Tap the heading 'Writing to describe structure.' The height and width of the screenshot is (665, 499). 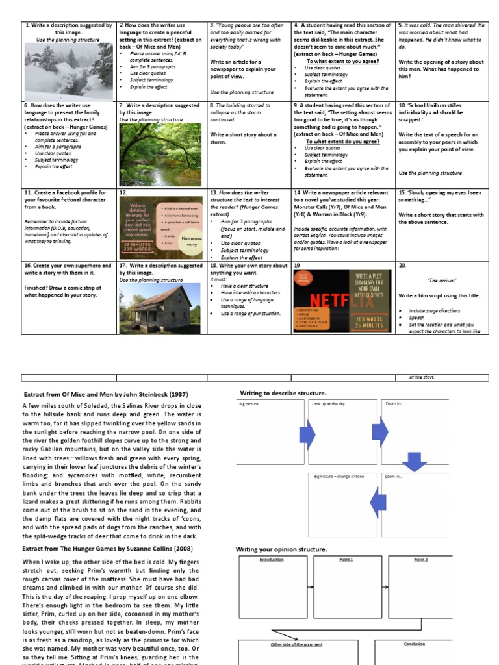coord(283,393)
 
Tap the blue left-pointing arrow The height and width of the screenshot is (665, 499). coord(377,502)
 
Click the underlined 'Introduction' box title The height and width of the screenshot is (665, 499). coord(272,559)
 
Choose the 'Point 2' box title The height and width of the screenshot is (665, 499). coord(420,559)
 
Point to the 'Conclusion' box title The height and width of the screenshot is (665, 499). coord(414,644)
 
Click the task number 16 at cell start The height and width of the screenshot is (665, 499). coord(28,266)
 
